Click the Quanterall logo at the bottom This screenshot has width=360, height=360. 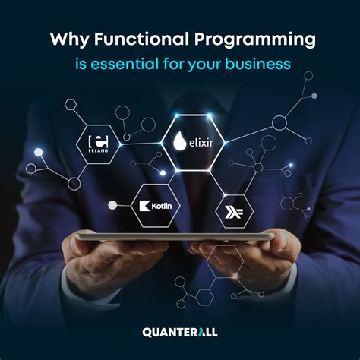tap(179, 331)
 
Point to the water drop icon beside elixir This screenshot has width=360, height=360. tap(179, 141)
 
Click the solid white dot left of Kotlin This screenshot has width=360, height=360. tap(112, 204)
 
